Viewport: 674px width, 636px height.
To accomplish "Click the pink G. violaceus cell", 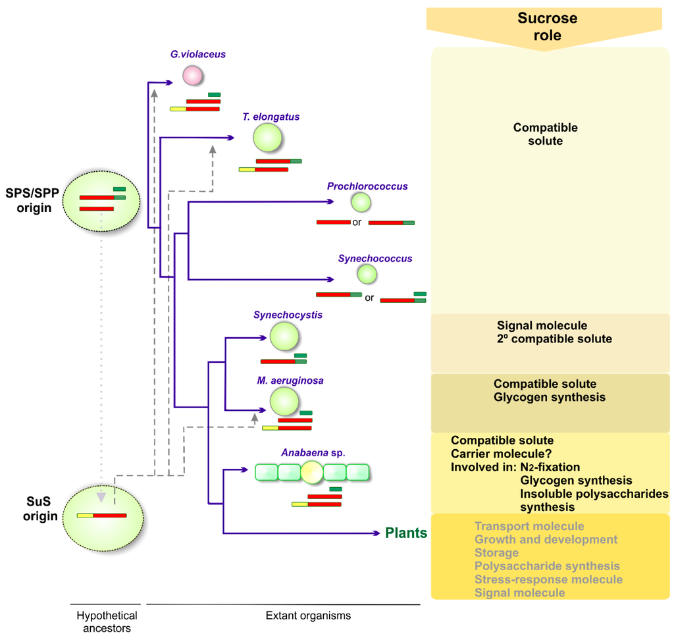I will point(192,76).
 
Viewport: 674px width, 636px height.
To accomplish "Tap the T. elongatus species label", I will point(271,117).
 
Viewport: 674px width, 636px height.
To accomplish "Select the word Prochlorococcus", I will point(367,186).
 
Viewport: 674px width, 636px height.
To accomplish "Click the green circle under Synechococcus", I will point(367,273).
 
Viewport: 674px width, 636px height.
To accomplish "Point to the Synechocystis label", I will point(288,315).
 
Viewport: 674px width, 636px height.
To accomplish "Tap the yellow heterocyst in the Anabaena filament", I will point(312,472).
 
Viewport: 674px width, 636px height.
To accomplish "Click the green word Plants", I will point(406,533).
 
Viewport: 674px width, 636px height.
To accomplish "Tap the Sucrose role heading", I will point(547,26).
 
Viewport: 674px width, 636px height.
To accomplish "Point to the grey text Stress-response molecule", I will point(548,579).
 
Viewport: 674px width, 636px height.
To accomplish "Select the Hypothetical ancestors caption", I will point(107,622).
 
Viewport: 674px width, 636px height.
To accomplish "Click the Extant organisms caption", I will point(308,616).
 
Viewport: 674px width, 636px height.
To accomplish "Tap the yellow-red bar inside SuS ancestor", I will point(101,515).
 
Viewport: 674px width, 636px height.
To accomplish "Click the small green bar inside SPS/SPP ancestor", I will point(119,190).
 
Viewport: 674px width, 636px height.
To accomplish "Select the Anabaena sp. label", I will point(313,453).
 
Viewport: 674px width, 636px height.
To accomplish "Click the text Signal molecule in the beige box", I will point(542,325).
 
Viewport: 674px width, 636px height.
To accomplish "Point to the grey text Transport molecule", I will point(529,526).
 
